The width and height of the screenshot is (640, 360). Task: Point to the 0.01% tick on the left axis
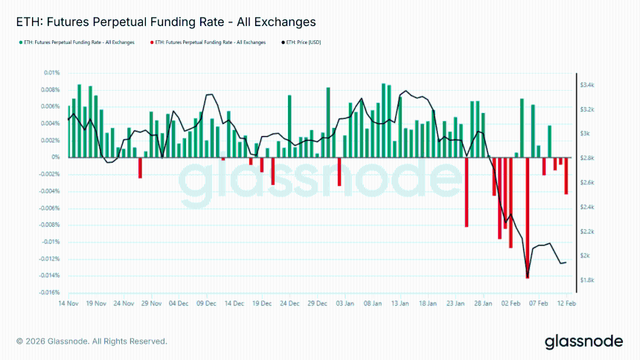coord(51,73)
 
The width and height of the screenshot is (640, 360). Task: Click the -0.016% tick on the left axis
coord(50,292)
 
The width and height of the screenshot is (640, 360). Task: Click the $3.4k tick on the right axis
coord(586,85)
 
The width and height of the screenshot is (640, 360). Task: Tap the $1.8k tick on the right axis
coord(586,280)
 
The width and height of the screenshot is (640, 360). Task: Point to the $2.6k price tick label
coord(586,182)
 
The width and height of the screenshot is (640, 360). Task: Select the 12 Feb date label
coord(566,304)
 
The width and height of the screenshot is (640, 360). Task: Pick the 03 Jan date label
coord(344,304)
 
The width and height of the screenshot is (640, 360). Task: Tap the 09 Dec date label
coord(206,304)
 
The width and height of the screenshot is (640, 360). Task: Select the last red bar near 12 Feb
coord(566,176)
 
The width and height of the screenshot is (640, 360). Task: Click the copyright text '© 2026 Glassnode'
coord(92,341)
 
